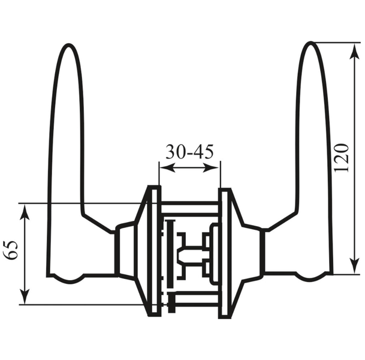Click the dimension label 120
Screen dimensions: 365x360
click(x=342, y=158)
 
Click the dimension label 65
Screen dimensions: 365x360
click(x=11, y=250)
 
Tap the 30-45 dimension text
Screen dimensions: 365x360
click(x=189, y=152)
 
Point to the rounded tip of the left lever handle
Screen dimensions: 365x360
click(x=68, y=44)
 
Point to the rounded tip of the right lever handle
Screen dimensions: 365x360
click(x=310, y=43)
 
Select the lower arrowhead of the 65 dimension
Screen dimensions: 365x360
click(x=25, y=296)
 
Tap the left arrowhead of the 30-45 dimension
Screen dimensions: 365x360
click(x=167, y=167)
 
